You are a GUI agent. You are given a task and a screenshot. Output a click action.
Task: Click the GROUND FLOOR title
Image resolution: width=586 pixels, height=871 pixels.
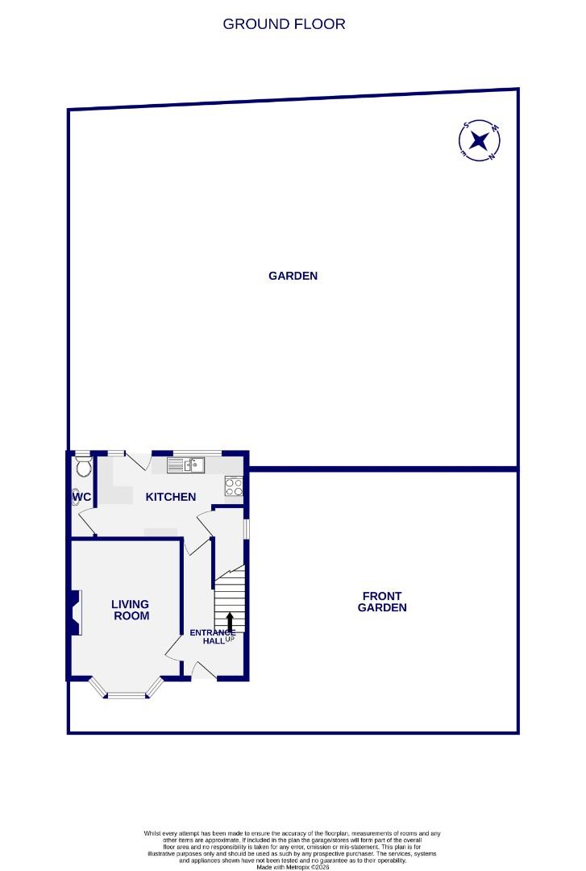[284, 24]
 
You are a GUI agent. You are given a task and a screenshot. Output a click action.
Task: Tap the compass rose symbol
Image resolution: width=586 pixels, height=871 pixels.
[480, 141]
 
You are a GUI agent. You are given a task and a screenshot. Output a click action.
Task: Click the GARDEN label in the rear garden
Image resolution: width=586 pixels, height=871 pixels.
[293, 276]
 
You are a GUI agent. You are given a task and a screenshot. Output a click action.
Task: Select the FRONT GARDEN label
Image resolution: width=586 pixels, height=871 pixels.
[382, 602]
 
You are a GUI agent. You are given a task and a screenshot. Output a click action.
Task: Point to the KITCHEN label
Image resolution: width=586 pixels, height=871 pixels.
[170, 497]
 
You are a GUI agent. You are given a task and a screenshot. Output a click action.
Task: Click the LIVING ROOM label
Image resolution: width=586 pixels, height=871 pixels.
[130, 610]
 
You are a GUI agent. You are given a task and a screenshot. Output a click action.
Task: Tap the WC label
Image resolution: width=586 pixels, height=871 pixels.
[81, 497]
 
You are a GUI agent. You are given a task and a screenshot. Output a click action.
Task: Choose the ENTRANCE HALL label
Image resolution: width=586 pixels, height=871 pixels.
[212, 636]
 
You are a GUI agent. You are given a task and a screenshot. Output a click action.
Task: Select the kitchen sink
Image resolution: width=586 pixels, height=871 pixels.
[187, 465]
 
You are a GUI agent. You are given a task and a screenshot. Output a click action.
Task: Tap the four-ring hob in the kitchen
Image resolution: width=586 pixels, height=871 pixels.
[234, 486]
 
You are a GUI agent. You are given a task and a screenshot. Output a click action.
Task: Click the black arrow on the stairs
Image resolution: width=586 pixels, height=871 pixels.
[230, 621]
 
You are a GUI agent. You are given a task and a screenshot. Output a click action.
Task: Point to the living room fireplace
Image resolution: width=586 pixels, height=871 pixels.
[75, 612]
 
